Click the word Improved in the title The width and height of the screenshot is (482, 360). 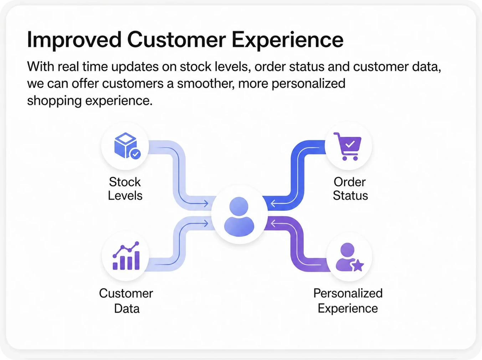(74, 40)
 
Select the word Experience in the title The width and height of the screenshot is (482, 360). (287, 40)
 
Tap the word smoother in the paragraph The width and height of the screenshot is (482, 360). (206, 84)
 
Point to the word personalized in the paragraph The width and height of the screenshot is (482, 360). (308, 84)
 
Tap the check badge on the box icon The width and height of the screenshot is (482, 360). (135, 154)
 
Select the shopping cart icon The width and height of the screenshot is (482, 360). (347, 146)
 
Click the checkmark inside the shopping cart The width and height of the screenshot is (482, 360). (350, 144)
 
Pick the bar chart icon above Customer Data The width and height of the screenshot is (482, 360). (126, 256)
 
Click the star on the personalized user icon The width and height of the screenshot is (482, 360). (358, 265)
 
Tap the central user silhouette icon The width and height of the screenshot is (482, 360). (239, 217)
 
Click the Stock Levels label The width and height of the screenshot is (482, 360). (125, 189)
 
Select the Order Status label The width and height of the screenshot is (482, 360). (350, 189)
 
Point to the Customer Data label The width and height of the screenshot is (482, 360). (126, 301)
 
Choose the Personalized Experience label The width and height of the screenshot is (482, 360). (348, 301)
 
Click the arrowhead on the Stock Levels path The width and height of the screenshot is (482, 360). (206, 204)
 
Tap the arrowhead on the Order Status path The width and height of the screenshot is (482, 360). (273, 204)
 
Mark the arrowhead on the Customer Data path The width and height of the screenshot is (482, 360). (206, 224)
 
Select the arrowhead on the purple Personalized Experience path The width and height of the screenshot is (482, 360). (273, 224)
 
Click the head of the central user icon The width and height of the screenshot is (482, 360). (239, 206)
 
